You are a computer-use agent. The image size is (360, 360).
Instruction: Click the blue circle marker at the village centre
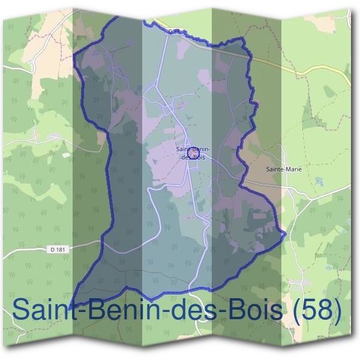pyautogui.click(x=192, y=154)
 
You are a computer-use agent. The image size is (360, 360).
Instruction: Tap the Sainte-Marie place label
pyautogui.click(x=284, y=169)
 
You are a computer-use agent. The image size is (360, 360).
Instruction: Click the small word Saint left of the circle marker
pyautogui.click(x=182, y=148)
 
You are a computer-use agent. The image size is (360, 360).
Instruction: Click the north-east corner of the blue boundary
pyautogui.click(x=243, y=40)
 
